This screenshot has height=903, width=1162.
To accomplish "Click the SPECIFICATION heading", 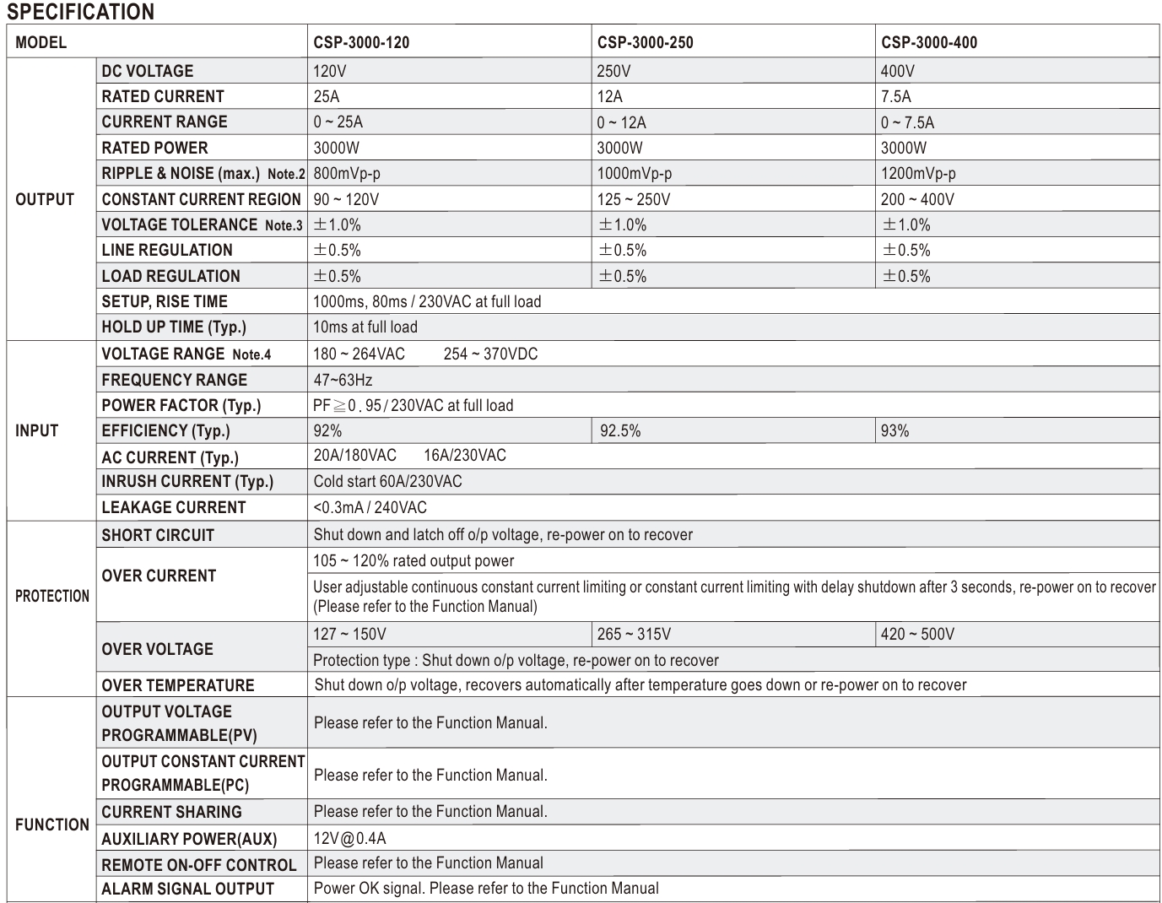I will pos(81,12).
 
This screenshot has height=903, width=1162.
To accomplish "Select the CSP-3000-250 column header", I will pos(646,42).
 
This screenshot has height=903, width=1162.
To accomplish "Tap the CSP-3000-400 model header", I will pos(929,42).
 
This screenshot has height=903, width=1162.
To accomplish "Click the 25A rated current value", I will pos(327,96).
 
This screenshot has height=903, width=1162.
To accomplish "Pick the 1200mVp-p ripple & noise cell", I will pos(918,173).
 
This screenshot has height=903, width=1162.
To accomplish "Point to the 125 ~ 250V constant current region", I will pos(634,199).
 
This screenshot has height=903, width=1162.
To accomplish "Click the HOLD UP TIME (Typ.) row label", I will pos(174,327).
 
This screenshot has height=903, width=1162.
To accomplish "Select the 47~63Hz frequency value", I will pos(343,380).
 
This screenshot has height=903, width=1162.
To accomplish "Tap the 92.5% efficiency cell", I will pos(620,431).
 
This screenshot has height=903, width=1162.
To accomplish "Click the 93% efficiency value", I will pos(894,431).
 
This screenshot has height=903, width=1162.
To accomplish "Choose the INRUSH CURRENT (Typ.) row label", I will pos(187,481).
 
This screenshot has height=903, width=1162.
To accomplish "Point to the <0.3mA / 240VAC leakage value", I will pos(370,507).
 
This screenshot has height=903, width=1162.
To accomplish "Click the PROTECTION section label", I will pos(52,596).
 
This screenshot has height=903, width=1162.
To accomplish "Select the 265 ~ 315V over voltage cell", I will pos(634,634).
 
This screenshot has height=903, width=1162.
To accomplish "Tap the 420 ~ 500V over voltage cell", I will pos(917,634).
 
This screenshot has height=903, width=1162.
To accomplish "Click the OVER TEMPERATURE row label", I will pos(178,684).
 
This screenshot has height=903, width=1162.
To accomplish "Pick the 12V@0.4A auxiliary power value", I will pos(349,838).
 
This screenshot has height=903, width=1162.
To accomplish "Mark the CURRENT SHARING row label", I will pos(171,812).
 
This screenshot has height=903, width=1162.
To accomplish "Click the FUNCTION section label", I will pos(52,825).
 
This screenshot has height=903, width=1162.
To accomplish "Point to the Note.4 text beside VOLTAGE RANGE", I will pos(251,355).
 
